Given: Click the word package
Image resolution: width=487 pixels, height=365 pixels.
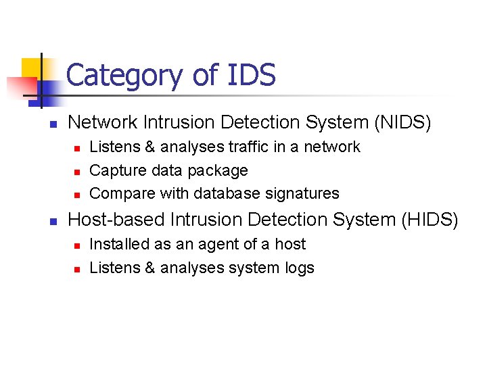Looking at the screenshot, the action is click(220, 170).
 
